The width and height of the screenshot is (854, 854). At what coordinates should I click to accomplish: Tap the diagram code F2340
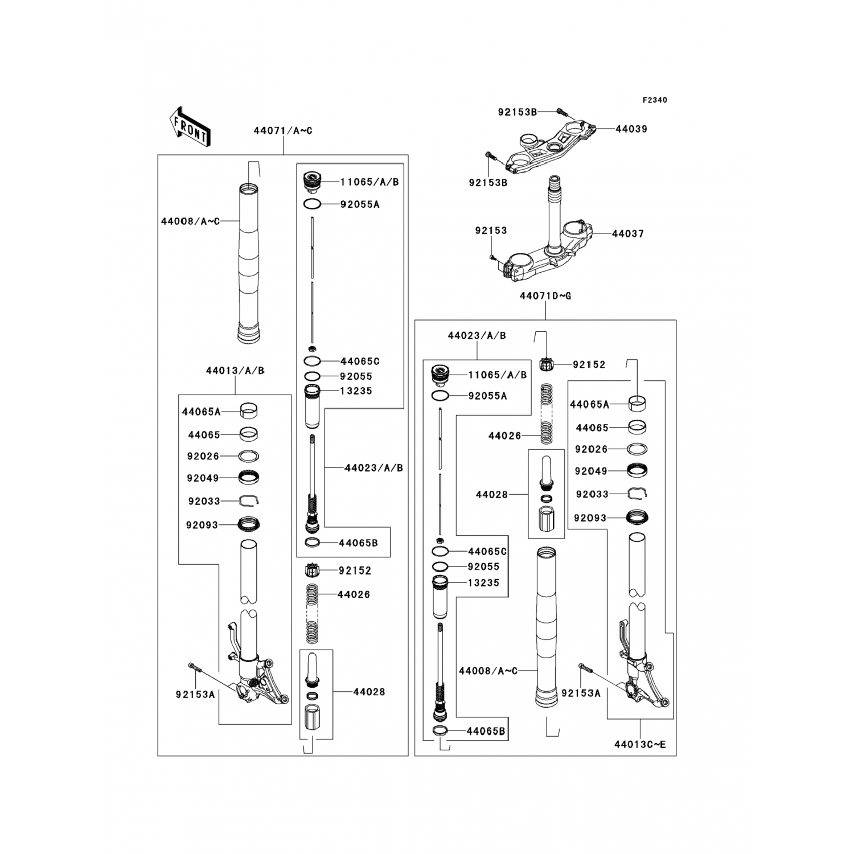coord(655,100)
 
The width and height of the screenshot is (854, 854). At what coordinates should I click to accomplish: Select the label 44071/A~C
coord(283,131)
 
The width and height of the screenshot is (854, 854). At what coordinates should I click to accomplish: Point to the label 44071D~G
coord(545,296)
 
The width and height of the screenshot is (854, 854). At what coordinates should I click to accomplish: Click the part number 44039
coord(631,129)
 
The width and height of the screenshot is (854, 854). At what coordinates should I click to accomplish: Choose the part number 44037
coord(628,234)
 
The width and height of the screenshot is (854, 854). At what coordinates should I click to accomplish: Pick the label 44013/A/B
coord(235,371)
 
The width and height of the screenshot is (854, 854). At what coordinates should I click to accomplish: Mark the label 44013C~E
coord(640,745)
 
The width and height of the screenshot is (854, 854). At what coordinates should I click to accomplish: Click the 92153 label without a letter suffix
coord(491,231)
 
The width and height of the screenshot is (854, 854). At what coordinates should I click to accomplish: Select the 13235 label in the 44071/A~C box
coord(356,391)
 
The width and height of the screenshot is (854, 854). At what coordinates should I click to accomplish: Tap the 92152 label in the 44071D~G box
coord(589,364)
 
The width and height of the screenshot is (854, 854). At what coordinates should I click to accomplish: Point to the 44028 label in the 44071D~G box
coord(492,495)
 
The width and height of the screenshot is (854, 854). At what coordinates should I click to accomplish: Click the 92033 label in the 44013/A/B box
coord(204,502)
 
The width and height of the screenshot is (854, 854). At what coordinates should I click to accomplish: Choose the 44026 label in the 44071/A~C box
coord(354,594)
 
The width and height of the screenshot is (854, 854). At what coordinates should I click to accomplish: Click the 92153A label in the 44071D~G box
coord(581,693)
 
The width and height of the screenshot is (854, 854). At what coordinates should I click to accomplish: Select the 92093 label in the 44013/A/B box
coord(202,525)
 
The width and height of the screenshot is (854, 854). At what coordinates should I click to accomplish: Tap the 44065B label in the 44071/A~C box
coord(358,543)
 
